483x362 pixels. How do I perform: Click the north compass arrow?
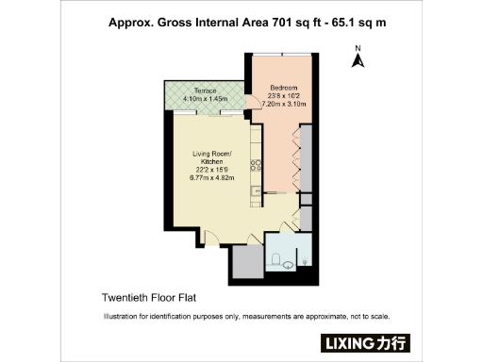pos(358,61)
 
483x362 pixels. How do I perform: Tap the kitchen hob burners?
pos(254,165)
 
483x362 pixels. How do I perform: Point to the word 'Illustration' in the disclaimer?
pos(121,317)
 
